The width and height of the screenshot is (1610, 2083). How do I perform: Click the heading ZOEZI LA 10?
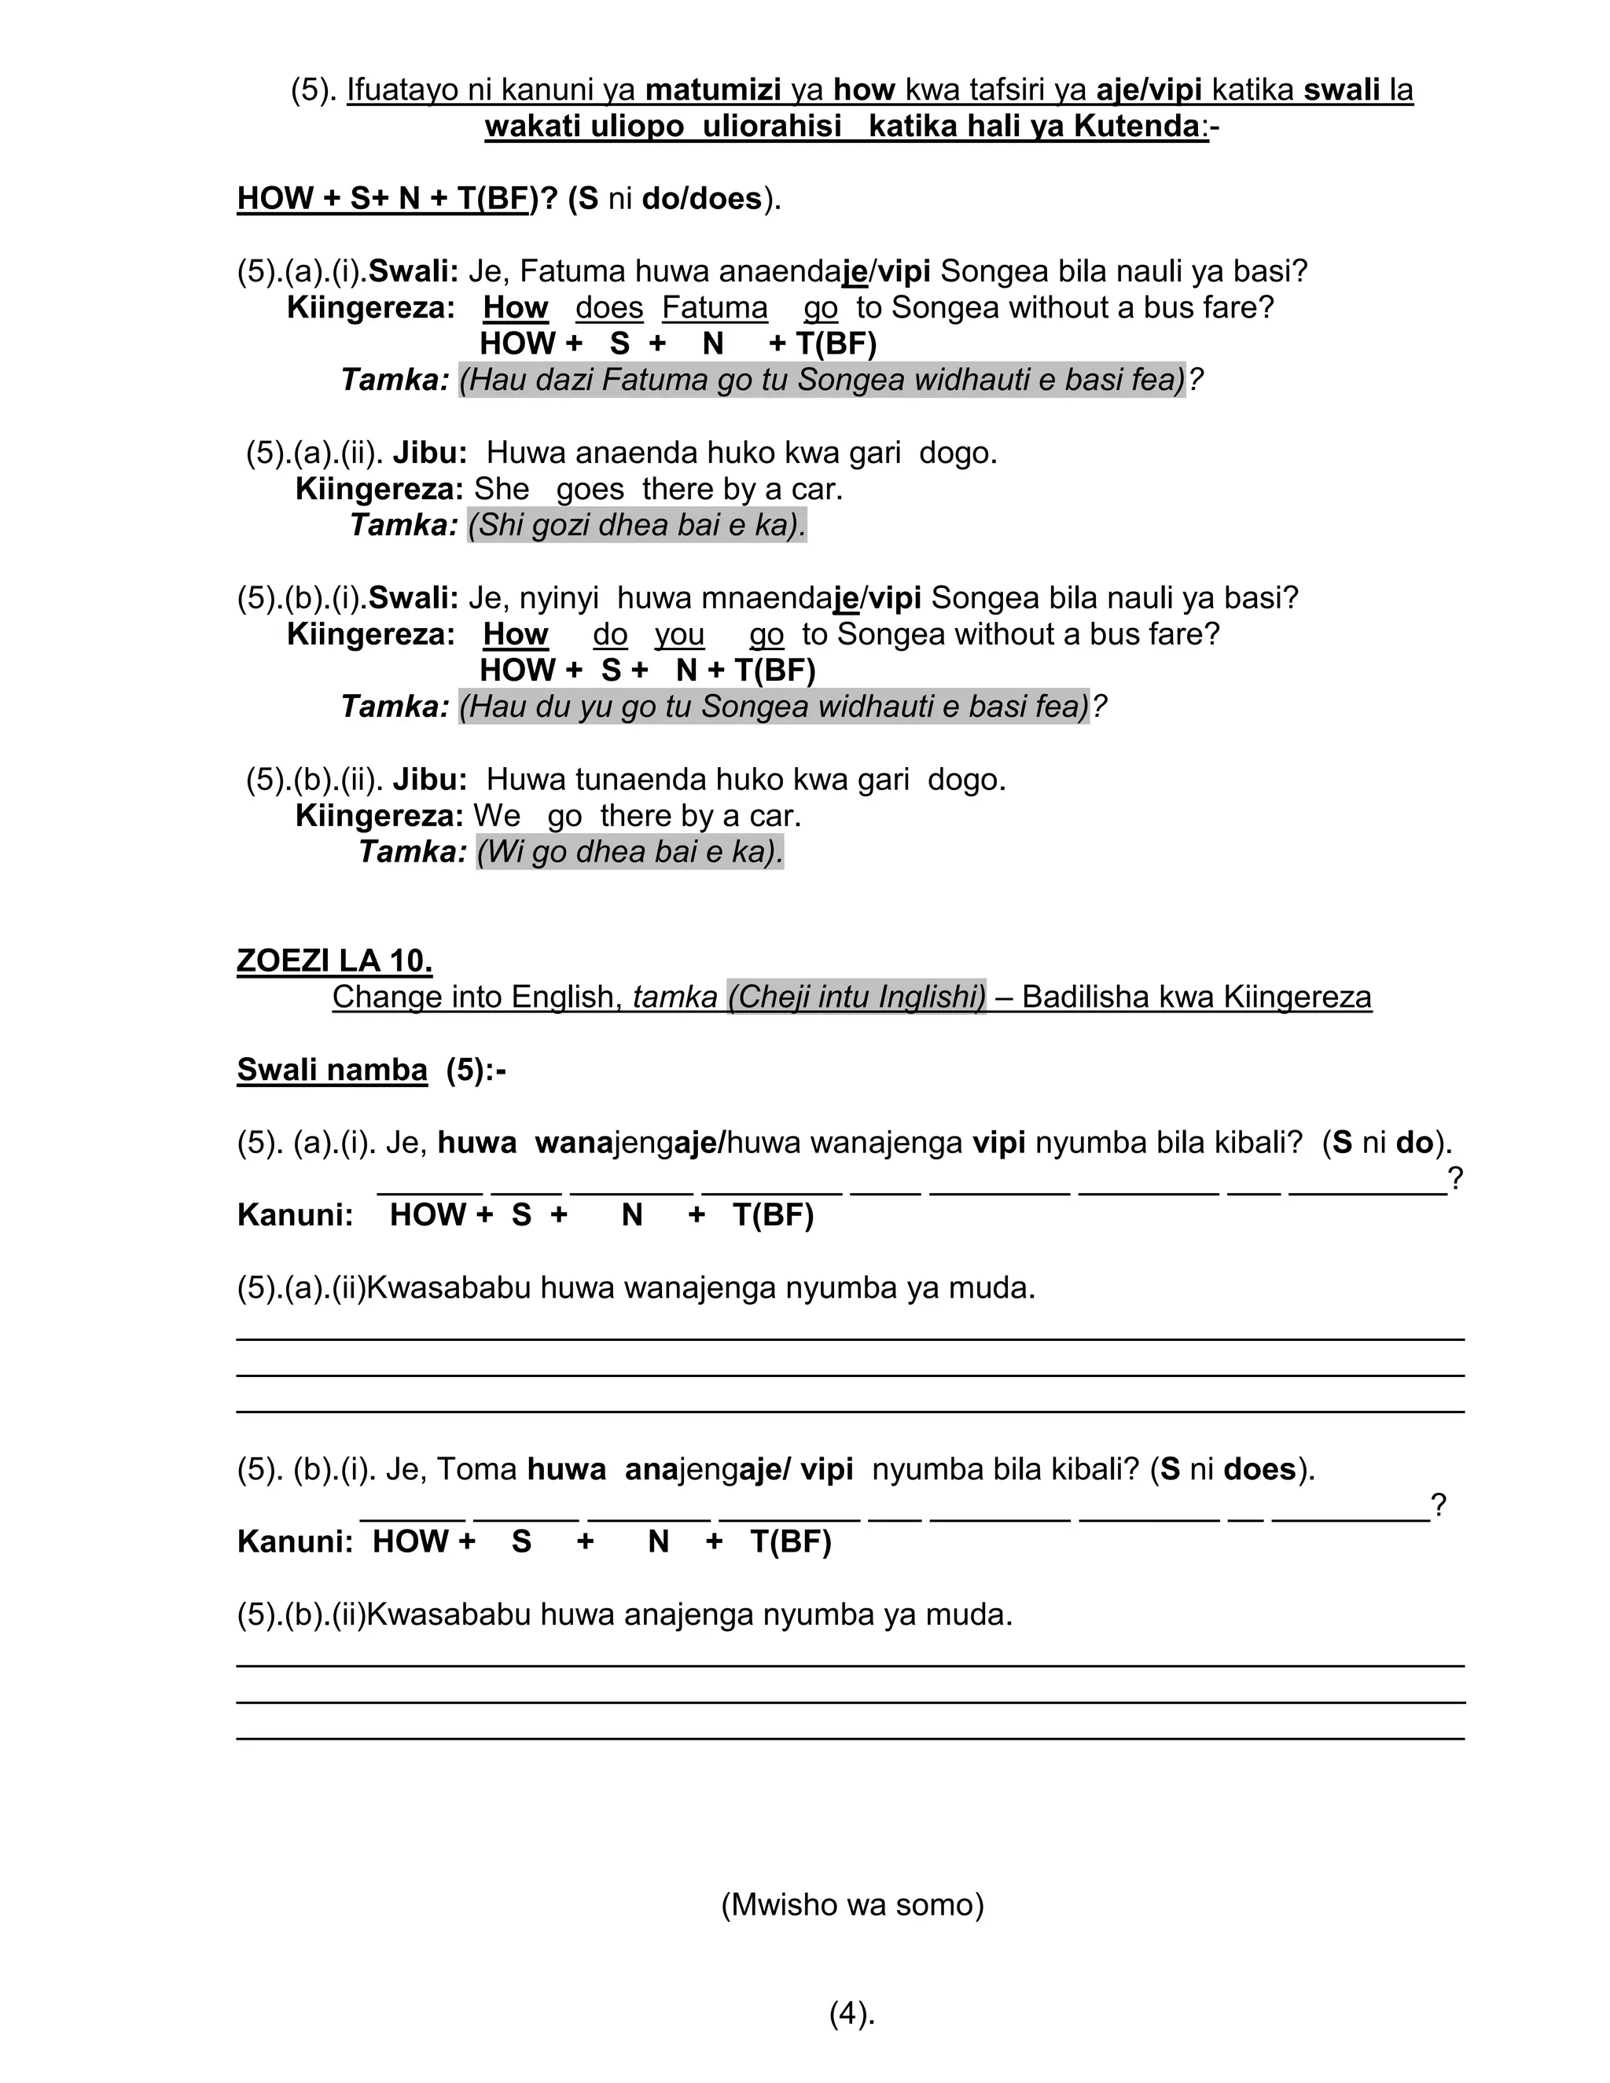coord(334,961)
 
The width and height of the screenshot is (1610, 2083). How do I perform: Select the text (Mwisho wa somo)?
coord(851,1905)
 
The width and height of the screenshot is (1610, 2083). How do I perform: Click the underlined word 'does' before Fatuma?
coord(609,308)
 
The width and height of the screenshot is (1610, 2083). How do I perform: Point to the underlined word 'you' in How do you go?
coord(679,634)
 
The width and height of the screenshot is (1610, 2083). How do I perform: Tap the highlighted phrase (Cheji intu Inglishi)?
coord(857,997)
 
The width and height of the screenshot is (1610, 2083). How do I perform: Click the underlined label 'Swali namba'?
coord(332,1070)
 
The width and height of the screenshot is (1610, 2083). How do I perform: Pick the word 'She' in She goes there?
coord(502,489)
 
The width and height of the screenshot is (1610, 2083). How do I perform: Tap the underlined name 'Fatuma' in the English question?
coord(715,308)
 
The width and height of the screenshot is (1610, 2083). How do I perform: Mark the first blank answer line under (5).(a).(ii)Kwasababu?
coord(849,1339)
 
